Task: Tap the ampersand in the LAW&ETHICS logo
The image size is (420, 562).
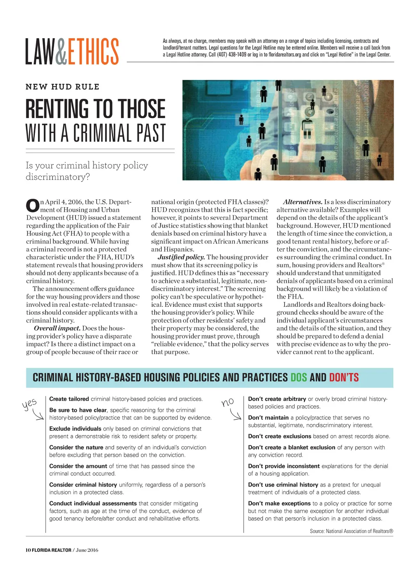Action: point(60,51)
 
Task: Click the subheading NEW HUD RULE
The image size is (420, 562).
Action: point(62,87)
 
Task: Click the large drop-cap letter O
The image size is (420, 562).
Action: point(32,205)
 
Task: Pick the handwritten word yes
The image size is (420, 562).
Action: point(29,404)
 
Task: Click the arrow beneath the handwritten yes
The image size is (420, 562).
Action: point(39,416)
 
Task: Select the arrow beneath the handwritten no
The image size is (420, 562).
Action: point(236,416)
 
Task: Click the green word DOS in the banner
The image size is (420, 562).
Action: point(299,377)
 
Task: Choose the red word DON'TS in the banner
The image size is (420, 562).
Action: point(344,377)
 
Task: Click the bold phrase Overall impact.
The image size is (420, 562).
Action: point(57,328)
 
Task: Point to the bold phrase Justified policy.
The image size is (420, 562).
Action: point(181,257)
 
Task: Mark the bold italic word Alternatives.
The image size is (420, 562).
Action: point(303,202)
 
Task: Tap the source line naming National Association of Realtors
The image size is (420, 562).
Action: point(352,531)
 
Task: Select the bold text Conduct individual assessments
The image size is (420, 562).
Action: point(93,503)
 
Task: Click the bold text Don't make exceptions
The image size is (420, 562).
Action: point(279,503)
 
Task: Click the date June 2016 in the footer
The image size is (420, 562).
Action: point(87,550)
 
